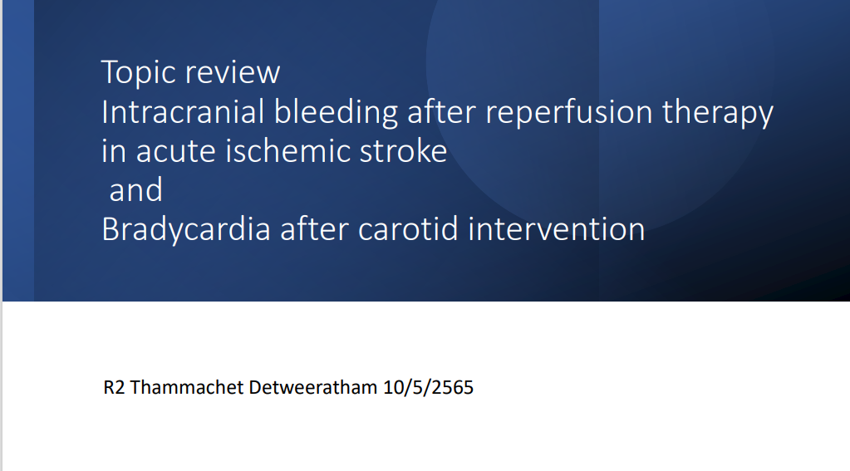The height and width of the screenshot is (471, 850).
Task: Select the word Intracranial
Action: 183,111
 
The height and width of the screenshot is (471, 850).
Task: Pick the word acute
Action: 175,151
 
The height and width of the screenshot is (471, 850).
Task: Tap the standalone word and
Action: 136,189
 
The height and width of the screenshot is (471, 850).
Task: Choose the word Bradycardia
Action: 186,228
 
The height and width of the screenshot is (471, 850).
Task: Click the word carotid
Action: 408,228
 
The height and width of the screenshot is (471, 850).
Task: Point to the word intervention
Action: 557,228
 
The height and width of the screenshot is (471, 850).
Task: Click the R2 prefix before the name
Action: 114,388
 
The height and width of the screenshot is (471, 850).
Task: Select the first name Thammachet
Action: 187,388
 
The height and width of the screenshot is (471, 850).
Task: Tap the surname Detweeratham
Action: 313,388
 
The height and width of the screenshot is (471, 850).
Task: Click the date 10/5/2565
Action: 428,388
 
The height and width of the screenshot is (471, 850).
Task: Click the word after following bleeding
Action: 441,111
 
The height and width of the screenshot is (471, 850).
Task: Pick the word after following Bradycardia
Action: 314,228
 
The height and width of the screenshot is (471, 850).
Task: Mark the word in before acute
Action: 114,150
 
